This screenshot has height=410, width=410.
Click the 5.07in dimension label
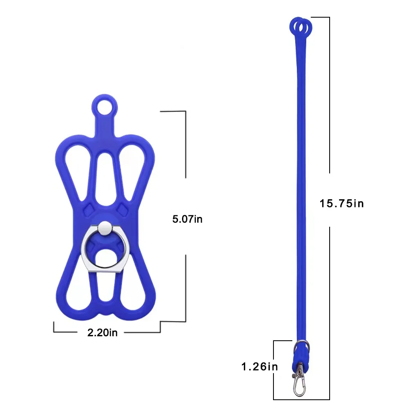pos(187,219)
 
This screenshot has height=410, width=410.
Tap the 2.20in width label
pos(102,333)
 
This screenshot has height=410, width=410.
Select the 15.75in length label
pos(342,203)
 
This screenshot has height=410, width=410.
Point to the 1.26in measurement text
pos(259,367)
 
